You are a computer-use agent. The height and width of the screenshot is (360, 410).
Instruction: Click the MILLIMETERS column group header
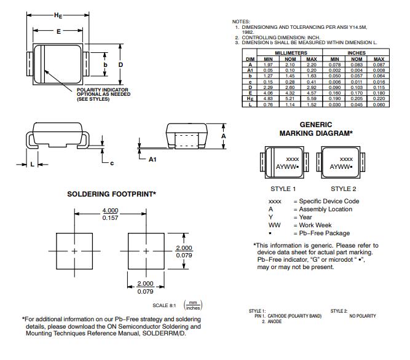(291, 53)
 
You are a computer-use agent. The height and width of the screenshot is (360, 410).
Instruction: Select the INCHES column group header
(357, 53)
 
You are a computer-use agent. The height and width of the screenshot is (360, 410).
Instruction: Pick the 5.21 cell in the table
(291, 98)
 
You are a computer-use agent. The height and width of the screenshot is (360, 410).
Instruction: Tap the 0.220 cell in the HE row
(379, 98)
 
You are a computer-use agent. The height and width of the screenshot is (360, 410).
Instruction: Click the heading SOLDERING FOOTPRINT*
(111, 194)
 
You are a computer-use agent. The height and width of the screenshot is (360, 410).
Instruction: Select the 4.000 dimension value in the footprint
(110, 211)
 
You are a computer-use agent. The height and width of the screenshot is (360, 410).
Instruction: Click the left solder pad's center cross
(75, 251)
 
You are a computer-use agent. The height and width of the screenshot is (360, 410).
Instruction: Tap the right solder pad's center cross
(146, 251)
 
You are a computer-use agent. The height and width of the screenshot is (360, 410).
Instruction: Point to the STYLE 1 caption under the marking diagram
(283, 189)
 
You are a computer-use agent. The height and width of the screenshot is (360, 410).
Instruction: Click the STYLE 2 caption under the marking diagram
(343, 189)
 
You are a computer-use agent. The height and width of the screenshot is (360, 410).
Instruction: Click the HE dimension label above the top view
(58, 14)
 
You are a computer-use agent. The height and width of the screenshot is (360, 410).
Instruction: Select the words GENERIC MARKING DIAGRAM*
(316, 128)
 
